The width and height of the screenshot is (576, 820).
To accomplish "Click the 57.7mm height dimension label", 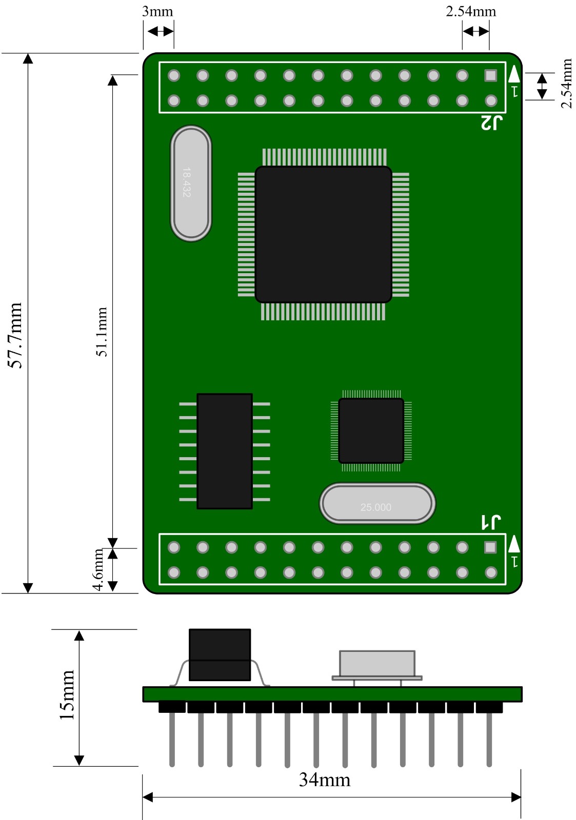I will pyautogui.click(x=16, y=335).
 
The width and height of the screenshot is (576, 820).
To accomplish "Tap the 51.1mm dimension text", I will pyautogui.click(x=102, y=332).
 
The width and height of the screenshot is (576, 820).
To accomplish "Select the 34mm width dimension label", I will pyautogui.click(x=325, y=780).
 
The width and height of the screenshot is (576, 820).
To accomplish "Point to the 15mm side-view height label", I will pyautogui.click(x=67, y=694).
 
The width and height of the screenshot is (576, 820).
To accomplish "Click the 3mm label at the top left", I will pyautogui.click(x=157, y=12).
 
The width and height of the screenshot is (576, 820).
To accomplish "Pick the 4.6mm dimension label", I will pyautogui.click(x=98, y=569).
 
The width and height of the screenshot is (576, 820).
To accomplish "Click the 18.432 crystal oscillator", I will pyautogui.click(x=191, y=183).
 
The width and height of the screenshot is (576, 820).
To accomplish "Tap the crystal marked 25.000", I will pyautogui.click(x=377, y=504).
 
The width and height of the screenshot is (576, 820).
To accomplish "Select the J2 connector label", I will pyautogui.click(x=491, y=123).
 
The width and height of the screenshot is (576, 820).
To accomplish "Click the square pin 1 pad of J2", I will pyautogui.click(x=491, y=75).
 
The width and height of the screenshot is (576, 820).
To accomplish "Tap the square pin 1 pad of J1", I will pyautogui.click(x=490, y=547).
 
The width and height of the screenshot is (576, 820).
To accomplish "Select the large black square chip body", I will pyautogui.click(x=323, y=234).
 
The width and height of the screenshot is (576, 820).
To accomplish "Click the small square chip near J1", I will pyautogui.click(x=371, y=431).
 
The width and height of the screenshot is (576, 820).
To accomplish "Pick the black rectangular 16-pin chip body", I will pyautogui.click(x=225, y=451).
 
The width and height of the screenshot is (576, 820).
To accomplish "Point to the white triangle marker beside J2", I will pyautogui.click(x=514, y=75).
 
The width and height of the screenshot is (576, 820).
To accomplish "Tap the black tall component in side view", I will pyautogui.click(x=220, y=654).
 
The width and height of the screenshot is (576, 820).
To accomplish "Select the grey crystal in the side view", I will pyautogui.click(x=377, y=664).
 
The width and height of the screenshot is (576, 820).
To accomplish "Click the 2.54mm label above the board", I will pyautogui.click(x=471, y=12).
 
